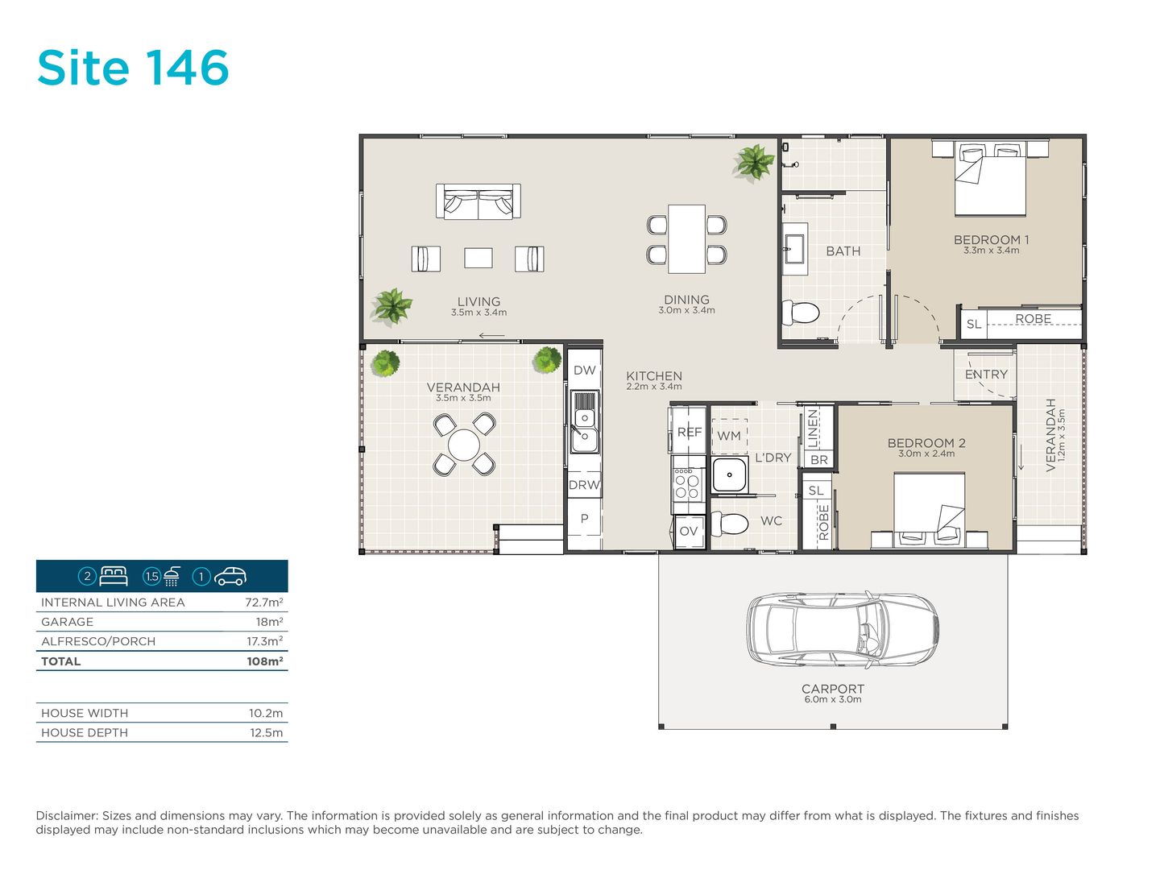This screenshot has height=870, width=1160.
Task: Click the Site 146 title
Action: (x=133, y=68)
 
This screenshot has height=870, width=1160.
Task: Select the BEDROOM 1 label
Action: (x=991, y=240)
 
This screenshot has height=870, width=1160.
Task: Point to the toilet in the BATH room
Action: (x=800, y=313)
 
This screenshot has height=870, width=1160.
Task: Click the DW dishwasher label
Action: (x=585, y=371)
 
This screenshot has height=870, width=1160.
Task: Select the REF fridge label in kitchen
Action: (x=689, y=432)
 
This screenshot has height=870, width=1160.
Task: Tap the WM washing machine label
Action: (x=729, y=436)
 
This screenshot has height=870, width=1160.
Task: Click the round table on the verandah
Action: (x=464, y=445)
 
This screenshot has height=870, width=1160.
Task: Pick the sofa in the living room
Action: (x=478, y=201)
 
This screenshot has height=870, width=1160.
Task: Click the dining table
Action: (x=686, y=238)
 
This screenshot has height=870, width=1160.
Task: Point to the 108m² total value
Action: (x=264, y=661)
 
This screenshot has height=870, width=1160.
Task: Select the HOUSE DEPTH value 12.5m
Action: (x=266, y=733)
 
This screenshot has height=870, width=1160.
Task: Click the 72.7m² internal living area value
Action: (x=263, y=603)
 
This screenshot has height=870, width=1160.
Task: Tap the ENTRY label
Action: (x=986, y=375)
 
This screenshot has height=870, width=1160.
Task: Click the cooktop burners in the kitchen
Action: (x=687, y=483)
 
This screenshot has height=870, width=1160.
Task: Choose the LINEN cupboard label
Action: (x=814, y=429)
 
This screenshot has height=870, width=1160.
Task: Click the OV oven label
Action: (x=688, y=531)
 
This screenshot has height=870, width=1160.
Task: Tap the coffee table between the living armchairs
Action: (x=478, y=258)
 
